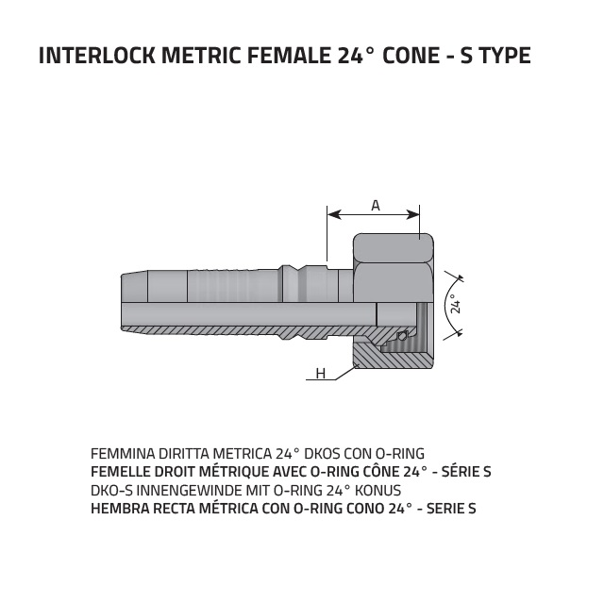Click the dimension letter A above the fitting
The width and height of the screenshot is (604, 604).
(x=376, y=206)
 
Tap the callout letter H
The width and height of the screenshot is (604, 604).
(x=321, y=374)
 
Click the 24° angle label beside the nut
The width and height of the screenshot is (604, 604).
(x=456, y=304)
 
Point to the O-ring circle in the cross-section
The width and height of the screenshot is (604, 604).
(x=402, y=336)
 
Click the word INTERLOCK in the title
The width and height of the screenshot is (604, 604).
(x=97, y=56)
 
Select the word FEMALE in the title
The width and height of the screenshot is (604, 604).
(x=289, y=56)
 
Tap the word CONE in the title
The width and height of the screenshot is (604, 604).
(x=411, y=56)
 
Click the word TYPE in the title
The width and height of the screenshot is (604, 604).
(x=505, y=56)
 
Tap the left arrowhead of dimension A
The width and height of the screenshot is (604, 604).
(x=333, y=214)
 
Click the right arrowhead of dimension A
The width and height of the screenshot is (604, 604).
(x=413, y=214)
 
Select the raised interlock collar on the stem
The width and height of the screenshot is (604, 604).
(x=294, y=283)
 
